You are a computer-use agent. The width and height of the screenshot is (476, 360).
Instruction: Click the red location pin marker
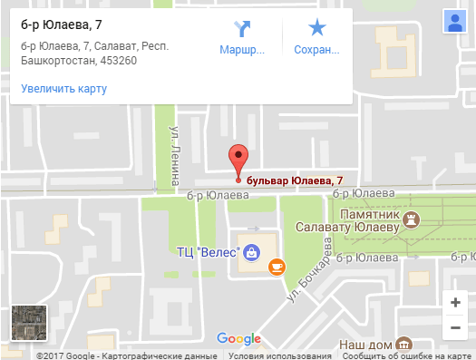pyautogui.click(x=238, y=160)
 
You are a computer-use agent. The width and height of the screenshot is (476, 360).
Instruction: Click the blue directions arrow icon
pyautogui.click(x=242, y=28)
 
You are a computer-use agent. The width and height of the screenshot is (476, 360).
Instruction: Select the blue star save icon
pyautogui.click(x=316, y=28)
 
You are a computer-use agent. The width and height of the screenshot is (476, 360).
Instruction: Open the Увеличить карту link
pyautogui.click(x=63, y=89)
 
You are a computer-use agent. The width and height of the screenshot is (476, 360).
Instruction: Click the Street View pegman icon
pyautogui.click(x=454, y=21)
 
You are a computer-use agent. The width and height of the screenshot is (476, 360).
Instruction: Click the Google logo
pyautogui.click(x=239, y=339)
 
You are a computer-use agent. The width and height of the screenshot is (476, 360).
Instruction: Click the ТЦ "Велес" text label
pyautogui.click(x=207, y=251)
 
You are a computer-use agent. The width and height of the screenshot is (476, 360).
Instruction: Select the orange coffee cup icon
pyautogui.click(x=277, y=266)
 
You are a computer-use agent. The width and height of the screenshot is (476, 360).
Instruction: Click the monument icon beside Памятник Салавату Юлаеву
pyautogui.click(x=413, y=218)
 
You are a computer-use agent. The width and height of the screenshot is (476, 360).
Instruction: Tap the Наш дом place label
pyautogui.click(x=364, y=345)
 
